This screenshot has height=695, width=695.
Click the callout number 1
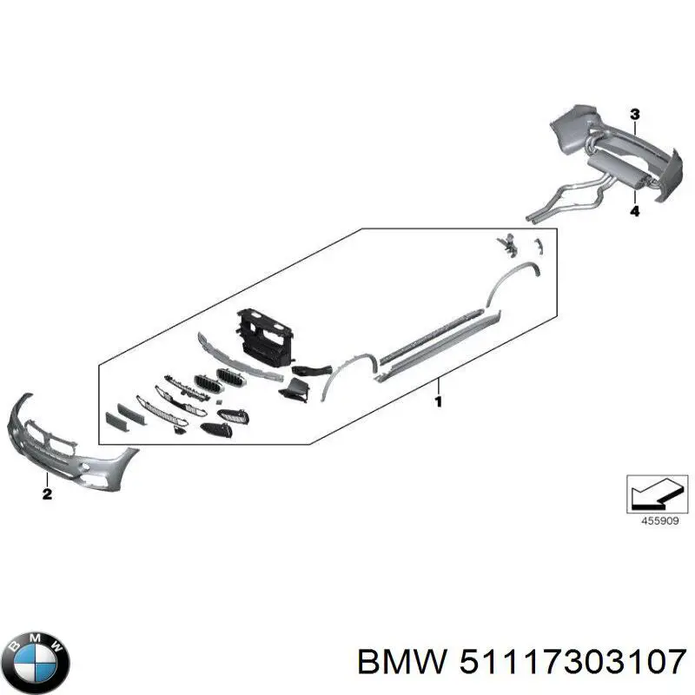click(439, 402)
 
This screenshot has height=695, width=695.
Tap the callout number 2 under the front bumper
click(47, 494)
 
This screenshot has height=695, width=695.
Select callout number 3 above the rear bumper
click(634, 115)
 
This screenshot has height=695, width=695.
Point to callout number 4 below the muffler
click(634, 211)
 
